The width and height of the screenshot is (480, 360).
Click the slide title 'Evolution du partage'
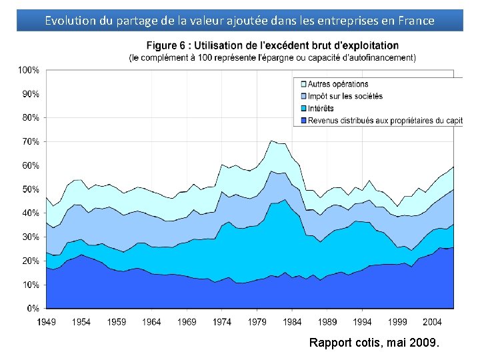pos(239,20)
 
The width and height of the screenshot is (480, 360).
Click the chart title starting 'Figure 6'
pos(273,46)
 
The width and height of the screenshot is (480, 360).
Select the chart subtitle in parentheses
pos(273,57)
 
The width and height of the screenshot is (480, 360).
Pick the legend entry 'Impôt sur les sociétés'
pos(345,96)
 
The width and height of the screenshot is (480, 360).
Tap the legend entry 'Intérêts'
pos(321,108)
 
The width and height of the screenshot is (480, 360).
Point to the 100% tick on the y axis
pos(28,70)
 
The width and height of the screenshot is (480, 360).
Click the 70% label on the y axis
pos(30,141)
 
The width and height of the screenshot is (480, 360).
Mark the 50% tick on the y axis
pos(30,189)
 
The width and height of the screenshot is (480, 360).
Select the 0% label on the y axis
pos(32,309)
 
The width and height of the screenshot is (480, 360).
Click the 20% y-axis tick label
pos(30,261)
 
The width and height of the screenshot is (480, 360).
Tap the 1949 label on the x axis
pos(46,323)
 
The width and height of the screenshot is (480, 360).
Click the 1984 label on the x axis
pos(292,323)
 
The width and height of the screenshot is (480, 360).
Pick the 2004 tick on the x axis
pos(433,323)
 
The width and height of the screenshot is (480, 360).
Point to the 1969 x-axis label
pos(187,323)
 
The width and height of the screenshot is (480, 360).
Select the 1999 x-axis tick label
pos(397,323)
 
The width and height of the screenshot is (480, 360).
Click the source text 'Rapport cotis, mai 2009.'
pos(375,344)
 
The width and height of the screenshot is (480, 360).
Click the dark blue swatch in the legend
pos(303,121)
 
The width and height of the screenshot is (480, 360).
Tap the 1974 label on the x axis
pos(222,323)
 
